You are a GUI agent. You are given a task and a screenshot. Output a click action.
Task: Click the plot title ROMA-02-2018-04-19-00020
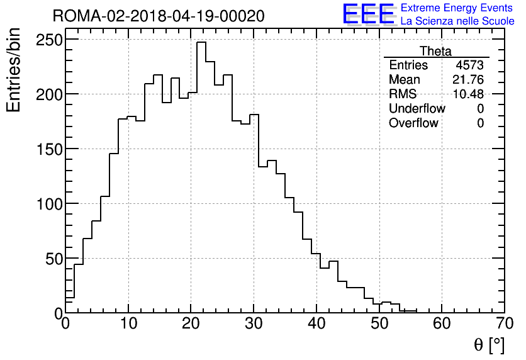click(x=159, y=16)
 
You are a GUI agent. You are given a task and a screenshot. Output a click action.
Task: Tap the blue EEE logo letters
click(x=369, y=14)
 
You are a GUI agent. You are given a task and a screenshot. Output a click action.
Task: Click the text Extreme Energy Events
click(x=456, y=8)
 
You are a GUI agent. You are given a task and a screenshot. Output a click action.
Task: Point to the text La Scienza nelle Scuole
click(x=457, y=21)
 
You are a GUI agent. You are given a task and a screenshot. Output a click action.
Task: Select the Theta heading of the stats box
click(x=435, y=51)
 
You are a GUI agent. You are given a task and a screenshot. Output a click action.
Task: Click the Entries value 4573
click(x=470, y=65)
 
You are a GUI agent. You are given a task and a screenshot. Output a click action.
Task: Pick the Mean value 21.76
click(x=468, y=80)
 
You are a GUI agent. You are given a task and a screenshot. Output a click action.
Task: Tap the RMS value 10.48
click(x=468, y=94)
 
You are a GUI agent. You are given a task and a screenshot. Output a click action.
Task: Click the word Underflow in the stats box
click(x=417, y=109)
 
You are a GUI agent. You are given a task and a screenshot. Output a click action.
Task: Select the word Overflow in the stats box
click(x=413, y=123)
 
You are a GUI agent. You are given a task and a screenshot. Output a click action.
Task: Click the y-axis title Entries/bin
click(x=14, y=70)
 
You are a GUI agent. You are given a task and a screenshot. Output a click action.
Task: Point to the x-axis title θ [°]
click(x=489, y=344)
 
